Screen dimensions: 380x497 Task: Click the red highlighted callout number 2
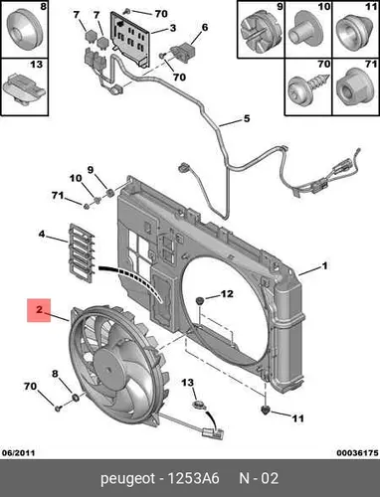(39, 310)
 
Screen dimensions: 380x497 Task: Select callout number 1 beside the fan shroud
(325, 265)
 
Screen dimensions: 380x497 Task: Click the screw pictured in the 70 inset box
(308, 87)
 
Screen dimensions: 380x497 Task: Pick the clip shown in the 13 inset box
(24, 88)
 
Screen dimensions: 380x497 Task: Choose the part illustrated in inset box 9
(261, 32)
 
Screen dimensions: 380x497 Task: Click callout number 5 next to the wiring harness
(247, 118)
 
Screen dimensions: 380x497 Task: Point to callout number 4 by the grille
(42, 235)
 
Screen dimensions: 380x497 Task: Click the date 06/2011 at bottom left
(18, 452)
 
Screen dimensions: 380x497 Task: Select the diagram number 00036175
(357, 452)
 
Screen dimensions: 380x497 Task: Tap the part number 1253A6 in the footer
(194, 478)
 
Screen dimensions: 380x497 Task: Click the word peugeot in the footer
(128, 479)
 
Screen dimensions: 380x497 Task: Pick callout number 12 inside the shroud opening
(227, 294)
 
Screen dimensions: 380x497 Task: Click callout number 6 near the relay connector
(205, 27)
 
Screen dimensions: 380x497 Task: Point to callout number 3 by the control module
(173, 28)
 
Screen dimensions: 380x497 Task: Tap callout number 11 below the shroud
(297, 418)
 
